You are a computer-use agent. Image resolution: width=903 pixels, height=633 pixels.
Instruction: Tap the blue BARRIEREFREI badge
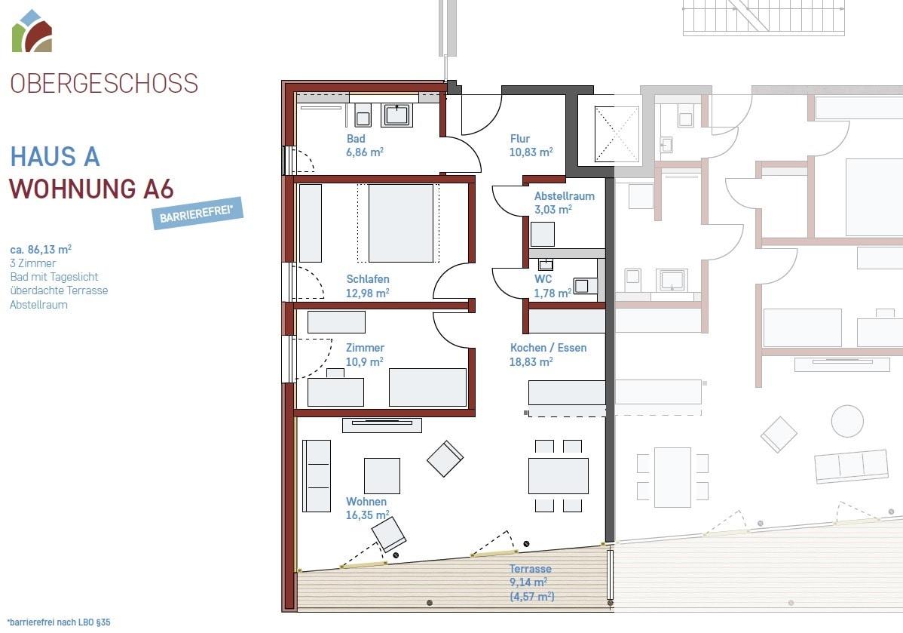(x=197, y=214)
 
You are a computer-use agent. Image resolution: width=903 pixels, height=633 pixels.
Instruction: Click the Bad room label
(x=356, y=138)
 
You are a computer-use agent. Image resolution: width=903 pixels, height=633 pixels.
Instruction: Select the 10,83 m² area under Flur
(x=531, y=152)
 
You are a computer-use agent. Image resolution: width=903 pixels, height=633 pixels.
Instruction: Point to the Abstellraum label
(x=565, y=196)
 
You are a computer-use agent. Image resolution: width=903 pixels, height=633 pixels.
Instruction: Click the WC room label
(x=543, y=279)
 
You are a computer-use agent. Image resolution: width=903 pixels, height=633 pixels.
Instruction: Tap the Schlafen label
(x=368, y=279)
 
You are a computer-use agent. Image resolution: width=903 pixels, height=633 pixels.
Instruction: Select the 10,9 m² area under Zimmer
(x=365, y=362)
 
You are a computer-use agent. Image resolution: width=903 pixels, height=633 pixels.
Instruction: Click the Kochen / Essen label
(x=548, y=348)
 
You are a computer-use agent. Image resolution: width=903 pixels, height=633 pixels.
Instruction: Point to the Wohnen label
(x=366, y=502)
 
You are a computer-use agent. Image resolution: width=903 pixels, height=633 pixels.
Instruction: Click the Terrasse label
(x=531, y=568)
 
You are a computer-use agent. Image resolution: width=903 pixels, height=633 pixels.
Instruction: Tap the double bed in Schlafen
(x=401, y=223)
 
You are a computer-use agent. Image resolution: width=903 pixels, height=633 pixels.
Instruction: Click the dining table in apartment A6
(x=559, y=475)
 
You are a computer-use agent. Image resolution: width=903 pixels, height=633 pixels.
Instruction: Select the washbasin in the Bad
(x=396, y=115)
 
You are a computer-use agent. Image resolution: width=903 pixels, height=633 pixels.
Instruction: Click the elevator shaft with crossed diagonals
(x=617, y=134)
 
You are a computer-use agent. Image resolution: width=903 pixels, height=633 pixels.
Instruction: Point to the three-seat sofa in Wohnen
(x=317, y=476)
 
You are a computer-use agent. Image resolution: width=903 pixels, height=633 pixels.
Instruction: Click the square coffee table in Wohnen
(x=382, y=475)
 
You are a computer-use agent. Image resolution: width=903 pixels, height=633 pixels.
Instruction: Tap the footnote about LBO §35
(x=59, y=622)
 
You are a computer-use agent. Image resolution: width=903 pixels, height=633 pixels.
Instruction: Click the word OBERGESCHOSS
(x=104, y=84)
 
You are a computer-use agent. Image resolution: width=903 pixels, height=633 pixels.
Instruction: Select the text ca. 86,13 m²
(x=41, y=250)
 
